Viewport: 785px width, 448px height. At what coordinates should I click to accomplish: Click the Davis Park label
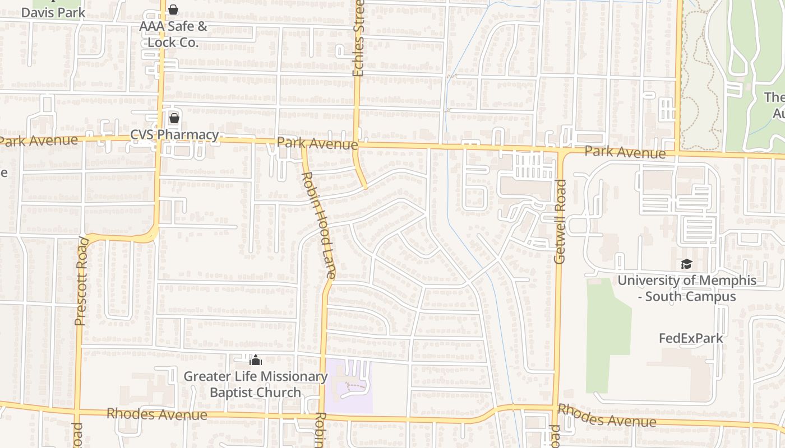coord(53,12)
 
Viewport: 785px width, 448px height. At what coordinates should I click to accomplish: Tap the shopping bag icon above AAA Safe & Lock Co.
coord(173,10)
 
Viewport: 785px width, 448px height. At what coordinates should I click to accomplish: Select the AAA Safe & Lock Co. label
coord(173,34)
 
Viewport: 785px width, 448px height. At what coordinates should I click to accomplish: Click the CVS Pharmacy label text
coord(174,135)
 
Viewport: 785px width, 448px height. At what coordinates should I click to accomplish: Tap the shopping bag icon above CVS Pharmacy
coord(174,118)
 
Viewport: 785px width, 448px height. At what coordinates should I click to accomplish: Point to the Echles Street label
coord(358,38)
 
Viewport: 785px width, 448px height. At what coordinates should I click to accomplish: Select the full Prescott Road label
coord(81,282)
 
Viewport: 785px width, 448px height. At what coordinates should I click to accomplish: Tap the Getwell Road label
coord(560,221)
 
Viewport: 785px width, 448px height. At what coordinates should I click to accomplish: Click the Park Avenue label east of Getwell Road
coord(625,152)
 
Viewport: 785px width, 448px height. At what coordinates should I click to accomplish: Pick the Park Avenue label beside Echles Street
coord(317,144)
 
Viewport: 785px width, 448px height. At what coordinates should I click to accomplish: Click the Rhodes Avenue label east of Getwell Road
coord(607,416)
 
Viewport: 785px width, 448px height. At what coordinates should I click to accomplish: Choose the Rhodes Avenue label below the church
coord(156,414)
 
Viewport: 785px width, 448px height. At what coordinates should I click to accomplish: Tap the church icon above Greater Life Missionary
coord(256,360)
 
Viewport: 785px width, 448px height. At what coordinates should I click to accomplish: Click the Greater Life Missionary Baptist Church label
coord(256,384)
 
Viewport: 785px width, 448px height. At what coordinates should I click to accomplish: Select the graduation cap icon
coord(686,264)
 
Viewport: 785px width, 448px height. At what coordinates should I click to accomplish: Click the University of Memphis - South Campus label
coord(687,288)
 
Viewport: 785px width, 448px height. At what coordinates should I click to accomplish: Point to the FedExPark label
coord(691,338)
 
